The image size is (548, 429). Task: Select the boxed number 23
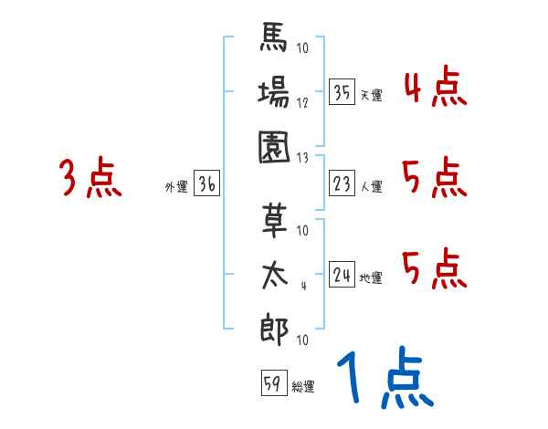click(342, 184)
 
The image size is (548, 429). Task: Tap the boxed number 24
click(342, 275)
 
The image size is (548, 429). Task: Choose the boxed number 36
click(206, 184)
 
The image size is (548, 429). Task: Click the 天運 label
click(370, 95)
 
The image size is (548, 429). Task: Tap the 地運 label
click(371, 277)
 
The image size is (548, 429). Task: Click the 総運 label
click(303, 387)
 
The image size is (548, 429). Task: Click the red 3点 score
click(90, 178)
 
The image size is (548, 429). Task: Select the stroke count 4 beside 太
click(302, 287)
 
